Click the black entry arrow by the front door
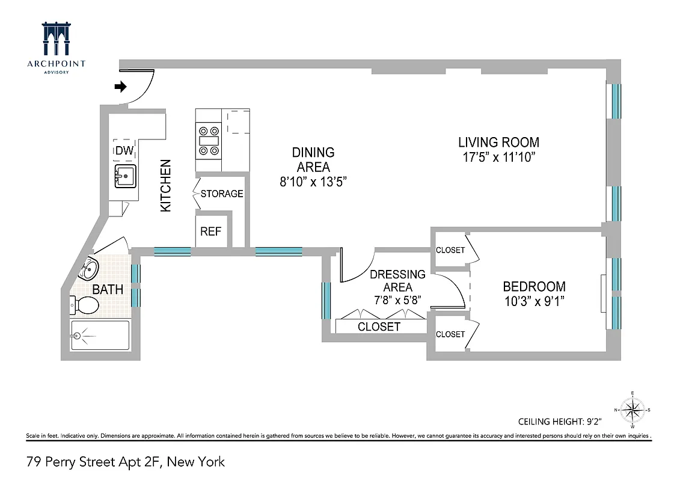tap(120, 87)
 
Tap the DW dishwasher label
tap(124, 150)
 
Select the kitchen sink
tap(125, 177)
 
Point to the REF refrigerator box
tap(211, 231)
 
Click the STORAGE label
tap(222, 194)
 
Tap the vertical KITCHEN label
tap(165, 185)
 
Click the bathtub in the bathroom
tap(100, 335)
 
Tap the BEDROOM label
tap(534, 287)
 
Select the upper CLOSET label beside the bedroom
tap(450, 250)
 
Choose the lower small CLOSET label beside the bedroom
tap(450, 334)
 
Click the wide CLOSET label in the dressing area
tap(379, 327)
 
